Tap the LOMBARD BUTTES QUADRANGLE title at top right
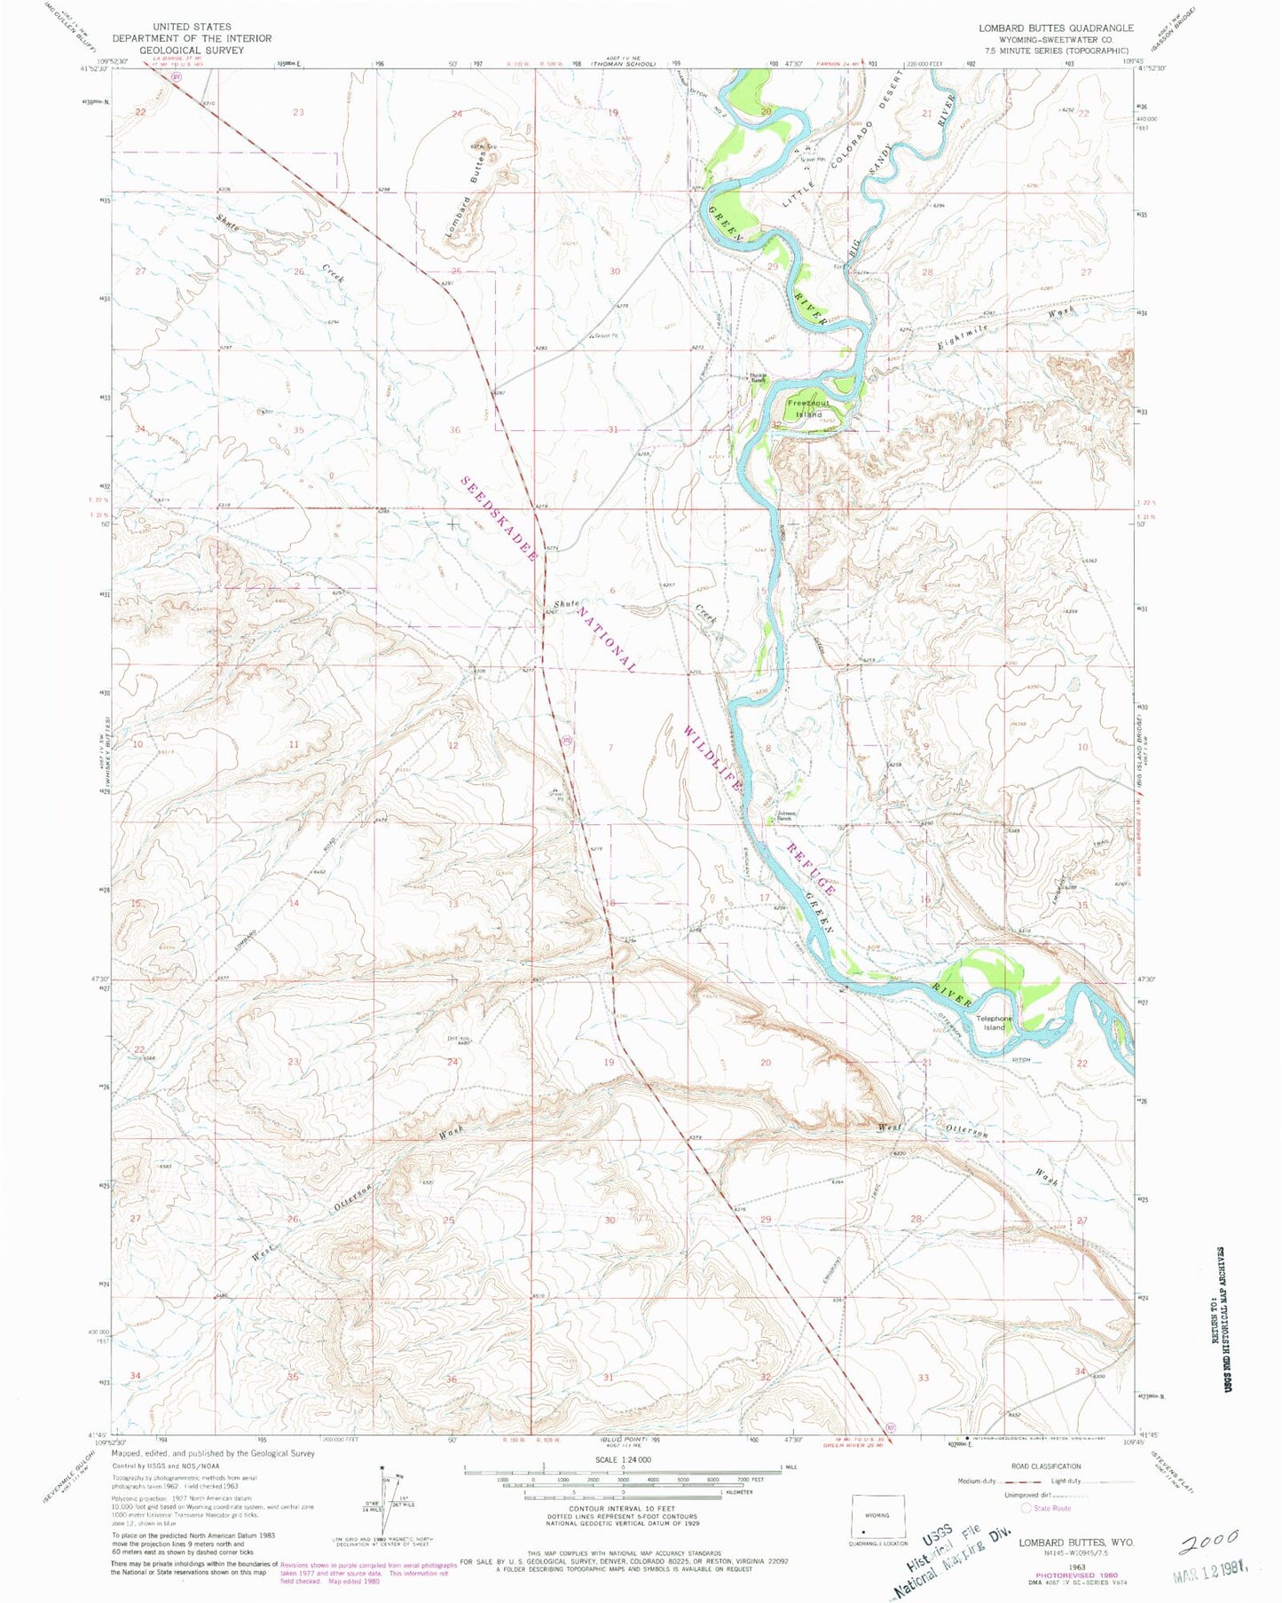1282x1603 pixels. click(x=1056, y=28)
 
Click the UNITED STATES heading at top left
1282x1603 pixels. click(x=192, y=28)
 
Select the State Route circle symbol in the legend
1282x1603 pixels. click(x=1026, y=1507)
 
